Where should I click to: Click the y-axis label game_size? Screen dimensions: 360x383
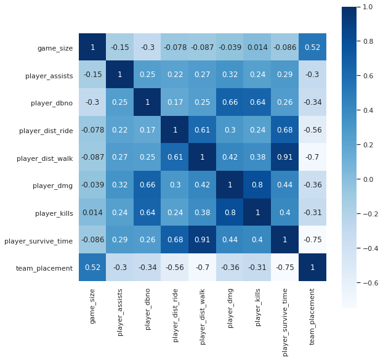[56, 47]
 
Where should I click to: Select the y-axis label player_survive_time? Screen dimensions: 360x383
[38, 240]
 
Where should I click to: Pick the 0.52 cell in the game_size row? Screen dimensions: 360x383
[313, 47]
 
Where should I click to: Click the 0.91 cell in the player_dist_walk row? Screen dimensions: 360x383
[285, 158]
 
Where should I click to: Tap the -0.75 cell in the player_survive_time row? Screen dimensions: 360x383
[313, 240]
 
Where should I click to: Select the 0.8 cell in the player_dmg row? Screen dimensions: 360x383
[258, 185]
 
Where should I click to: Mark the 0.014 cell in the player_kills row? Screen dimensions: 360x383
[93, 213]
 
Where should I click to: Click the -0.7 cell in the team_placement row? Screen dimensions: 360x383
[203, 268]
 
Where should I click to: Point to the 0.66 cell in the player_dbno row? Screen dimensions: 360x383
[230, 102]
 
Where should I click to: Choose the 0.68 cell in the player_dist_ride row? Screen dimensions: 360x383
[285, 130]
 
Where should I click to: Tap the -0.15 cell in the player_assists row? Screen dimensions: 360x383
[93, 75]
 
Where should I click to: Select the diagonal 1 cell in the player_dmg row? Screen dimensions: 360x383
[230, 185]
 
